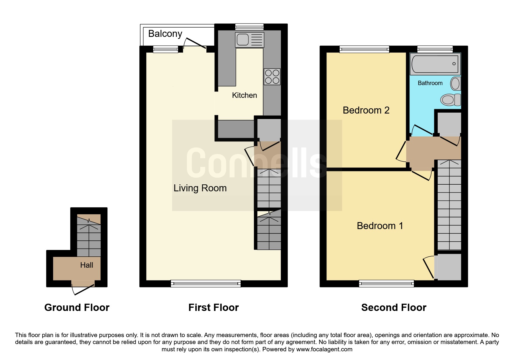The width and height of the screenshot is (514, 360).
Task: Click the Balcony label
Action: (x=165, y=34)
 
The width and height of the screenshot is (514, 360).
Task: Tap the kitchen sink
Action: (x=250, y=40)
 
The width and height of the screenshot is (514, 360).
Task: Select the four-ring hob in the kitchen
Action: (x=272, y=77)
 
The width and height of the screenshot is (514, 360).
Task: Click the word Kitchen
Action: (x=244, y=95)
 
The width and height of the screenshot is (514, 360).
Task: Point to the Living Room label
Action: (x=200, y=188)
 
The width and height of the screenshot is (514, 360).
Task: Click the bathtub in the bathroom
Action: (x=435, y=64)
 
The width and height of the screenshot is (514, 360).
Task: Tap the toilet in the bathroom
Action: (x=450, y=100)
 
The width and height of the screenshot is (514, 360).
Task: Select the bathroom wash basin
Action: (x=455, y=84)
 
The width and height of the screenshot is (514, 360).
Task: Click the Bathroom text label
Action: (x=430, y=83)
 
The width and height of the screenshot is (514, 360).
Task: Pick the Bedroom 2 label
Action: (x=366, y=110)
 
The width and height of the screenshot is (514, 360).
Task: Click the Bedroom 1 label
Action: (x=380, y=226)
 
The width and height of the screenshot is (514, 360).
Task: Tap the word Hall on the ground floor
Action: (x=86, y=265)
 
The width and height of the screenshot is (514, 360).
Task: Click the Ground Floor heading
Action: (x=77, y=307)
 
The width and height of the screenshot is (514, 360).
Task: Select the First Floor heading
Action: (x=214, y=307)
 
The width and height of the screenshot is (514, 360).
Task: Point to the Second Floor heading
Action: (x=394, y=307)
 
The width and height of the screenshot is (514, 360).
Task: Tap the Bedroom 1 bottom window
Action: (x=386, y=283)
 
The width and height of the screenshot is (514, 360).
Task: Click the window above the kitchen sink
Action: (x=249, y=27)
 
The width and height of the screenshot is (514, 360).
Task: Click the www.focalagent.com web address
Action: (x=324, y=349)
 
